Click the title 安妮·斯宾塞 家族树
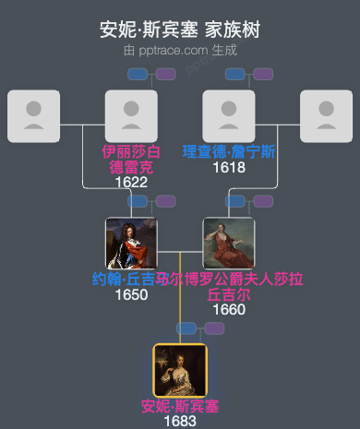[180, 30]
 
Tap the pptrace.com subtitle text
[180, 50]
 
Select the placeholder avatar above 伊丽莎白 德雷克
[131, 115]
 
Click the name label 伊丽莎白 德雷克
[131, 160]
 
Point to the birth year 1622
[131, 183]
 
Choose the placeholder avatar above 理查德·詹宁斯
[229, 115]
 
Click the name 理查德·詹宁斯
[229, 151]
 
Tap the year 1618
[229, 167]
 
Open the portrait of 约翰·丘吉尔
[131, 243]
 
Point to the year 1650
[131, 294]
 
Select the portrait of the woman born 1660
[229, 243]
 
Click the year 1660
[229, 309]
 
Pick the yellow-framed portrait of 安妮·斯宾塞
[180, 370]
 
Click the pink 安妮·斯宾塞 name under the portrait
[180, 406]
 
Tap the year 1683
[180, 421]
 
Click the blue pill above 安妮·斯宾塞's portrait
[187, 328]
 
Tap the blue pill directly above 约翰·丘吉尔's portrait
[138, 201]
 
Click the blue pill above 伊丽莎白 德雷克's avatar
[138, 74]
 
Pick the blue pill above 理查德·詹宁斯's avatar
[236, 74]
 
